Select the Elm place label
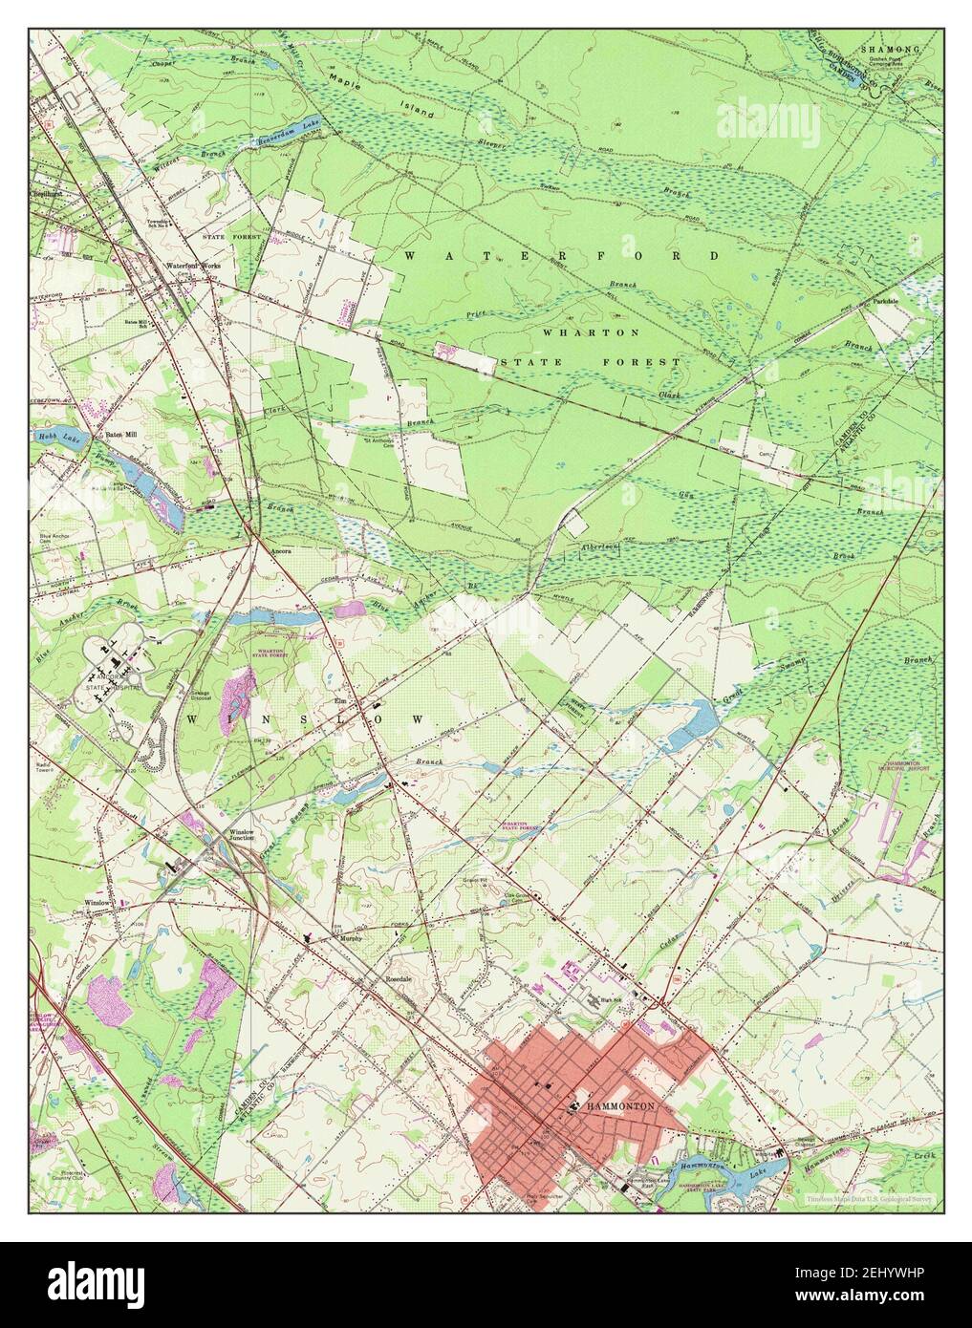pyautogui.click(x=338, y=699)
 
